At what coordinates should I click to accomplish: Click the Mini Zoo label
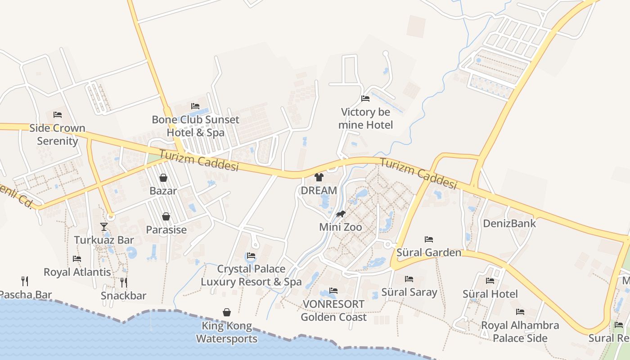tap(340, 227)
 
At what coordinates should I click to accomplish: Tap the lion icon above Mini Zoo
tap(341, 214)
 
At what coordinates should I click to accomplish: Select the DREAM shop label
tap(319, 190)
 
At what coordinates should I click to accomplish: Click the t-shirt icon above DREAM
tap(319, 177)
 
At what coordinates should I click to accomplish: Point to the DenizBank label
tap(509, 223)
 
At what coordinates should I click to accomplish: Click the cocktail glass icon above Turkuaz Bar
tap(104, 226)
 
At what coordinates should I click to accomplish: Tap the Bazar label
tap(163, 191)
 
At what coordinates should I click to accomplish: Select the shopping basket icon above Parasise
tap(166, 216)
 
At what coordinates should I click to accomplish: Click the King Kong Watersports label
tap(227, 332)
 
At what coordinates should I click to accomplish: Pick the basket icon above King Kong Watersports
tap(227, 312)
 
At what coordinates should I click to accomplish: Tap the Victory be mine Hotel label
tap(365, 118)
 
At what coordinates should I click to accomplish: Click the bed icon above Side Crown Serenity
tap(58, 115)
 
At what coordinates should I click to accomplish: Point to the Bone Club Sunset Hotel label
tap(195, 126)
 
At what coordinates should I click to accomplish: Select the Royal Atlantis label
tap(77, 272)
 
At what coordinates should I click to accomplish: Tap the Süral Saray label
tap(409, 292)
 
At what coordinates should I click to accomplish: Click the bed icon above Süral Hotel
tap(490, 280)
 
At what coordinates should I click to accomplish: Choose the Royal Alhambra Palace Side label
tap(520, 332)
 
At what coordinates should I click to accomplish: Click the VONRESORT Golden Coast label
tap(333, 310)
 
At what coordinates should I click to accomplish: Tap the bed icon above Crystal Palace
tap(251, 256)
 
